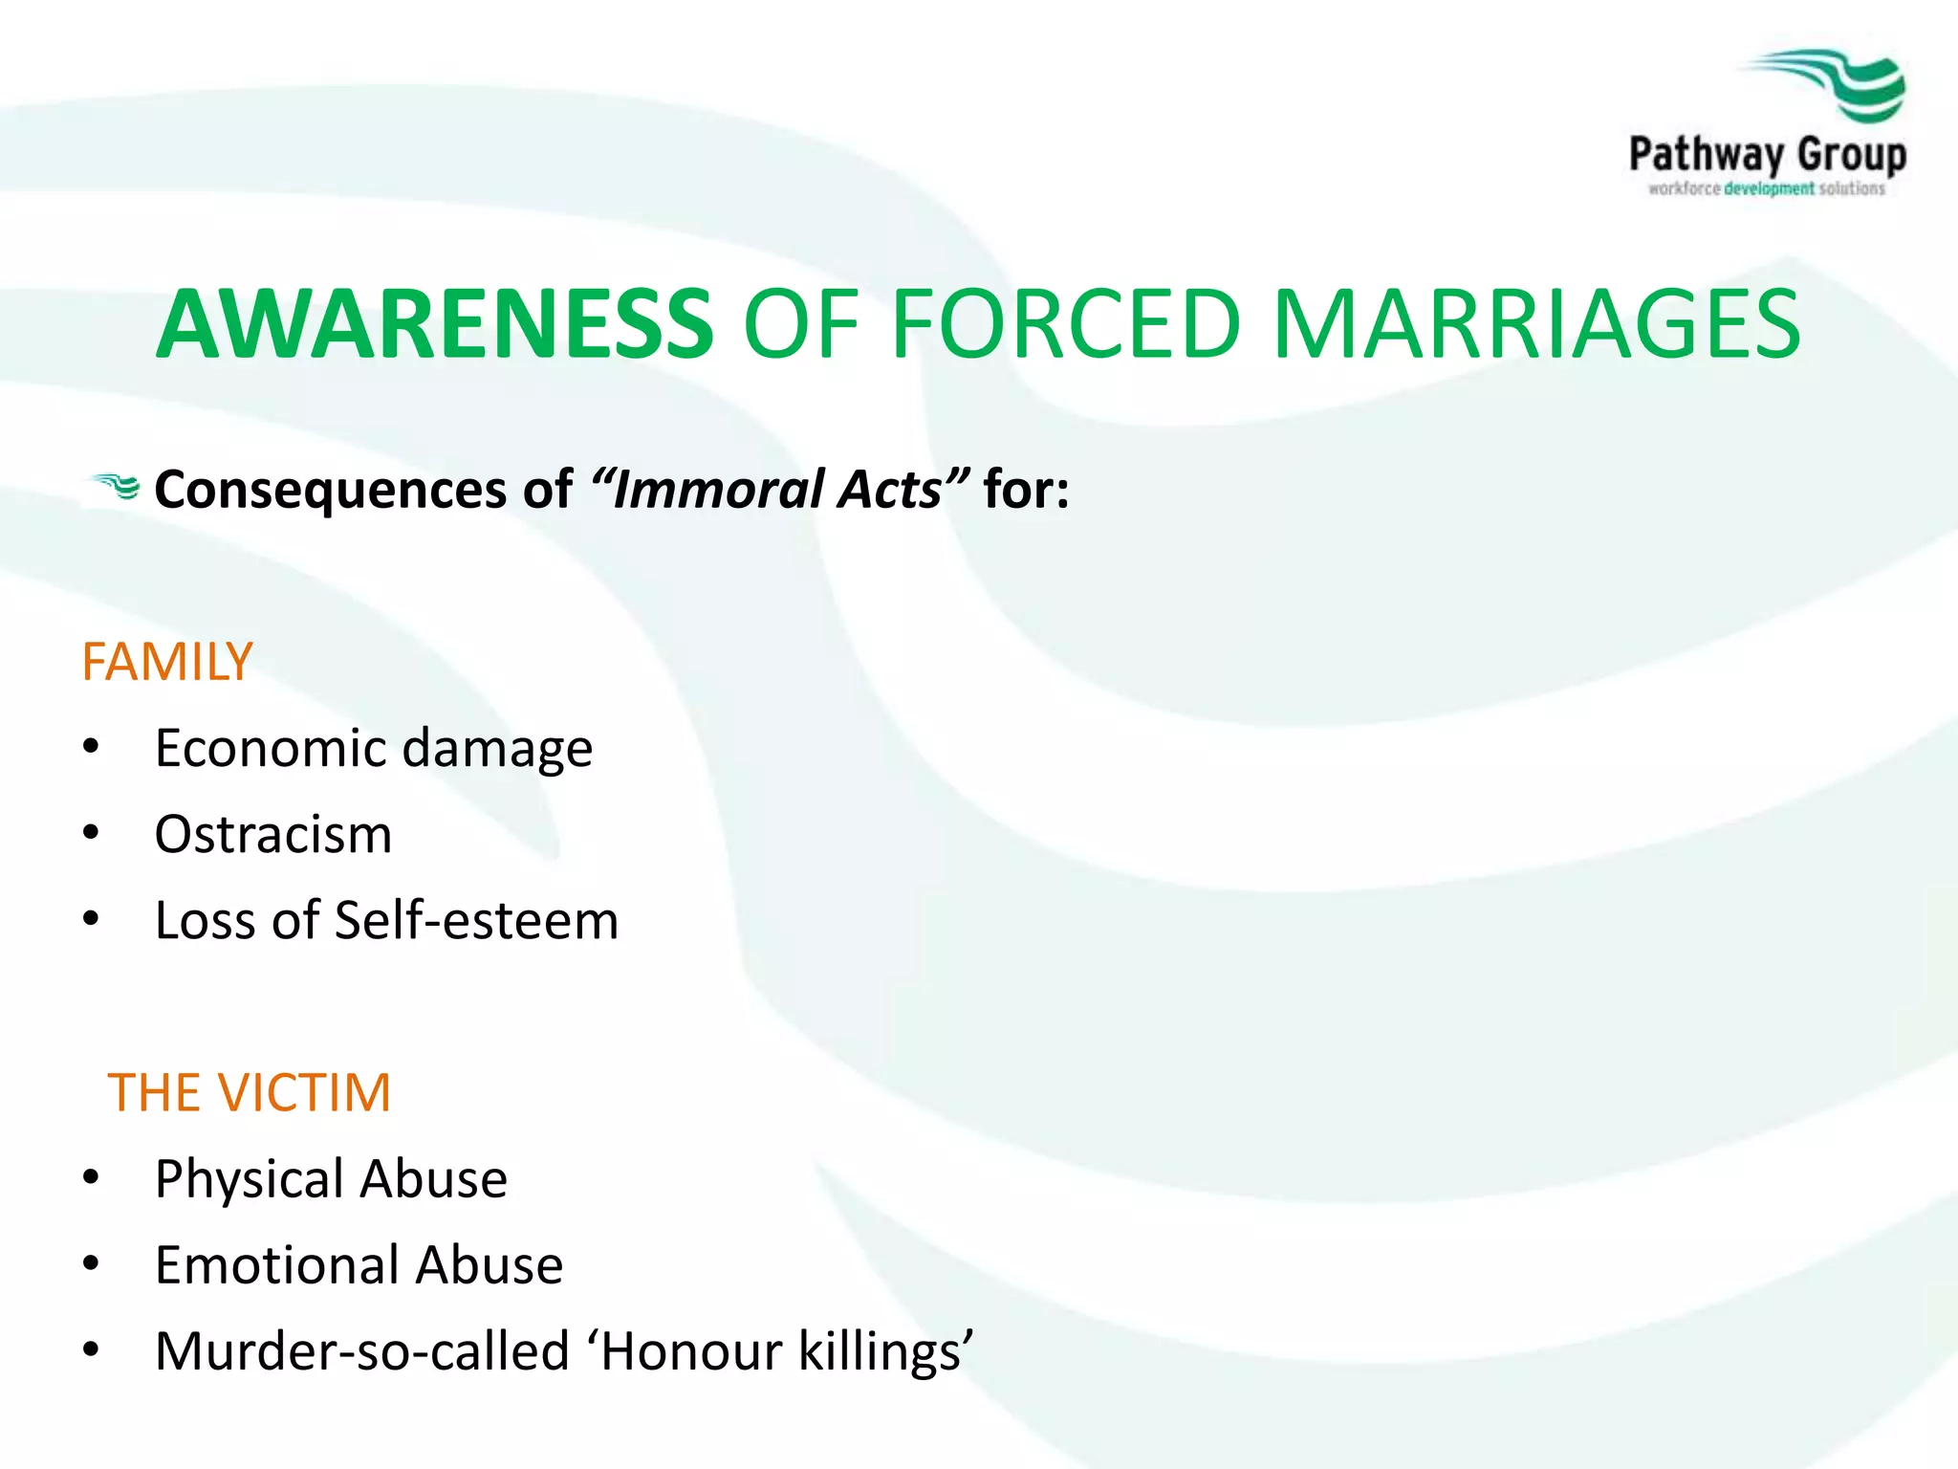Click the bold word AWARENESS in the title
[435, 325]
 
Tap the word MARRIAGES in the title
[1535, 325]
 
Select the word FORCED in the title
[1065, 325]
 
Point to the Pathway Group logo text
[1767, 155]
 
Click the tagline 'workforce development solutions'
[1767, 188]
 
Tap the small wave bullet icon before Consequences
[115, 487]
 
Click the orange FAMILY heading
[167, 662]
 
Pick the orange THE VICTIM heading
[250, 1092]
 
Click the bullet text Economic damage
[374, 748]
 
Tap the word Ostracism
[273, 834]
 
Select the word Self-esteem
[476, 920]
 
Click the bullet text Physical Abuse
[331, 1178]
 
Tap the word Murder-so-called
[362, 1350]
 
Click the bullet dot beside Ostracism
[91, 833]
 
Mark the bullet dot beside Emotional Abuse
[91, 1263]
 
